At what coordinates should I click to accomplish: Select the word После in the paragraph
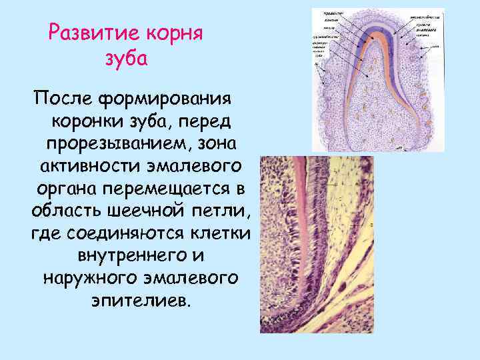60,101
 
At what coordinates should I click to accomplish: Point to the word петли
223,211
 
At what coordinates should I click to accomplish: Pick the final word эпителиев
139,299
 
